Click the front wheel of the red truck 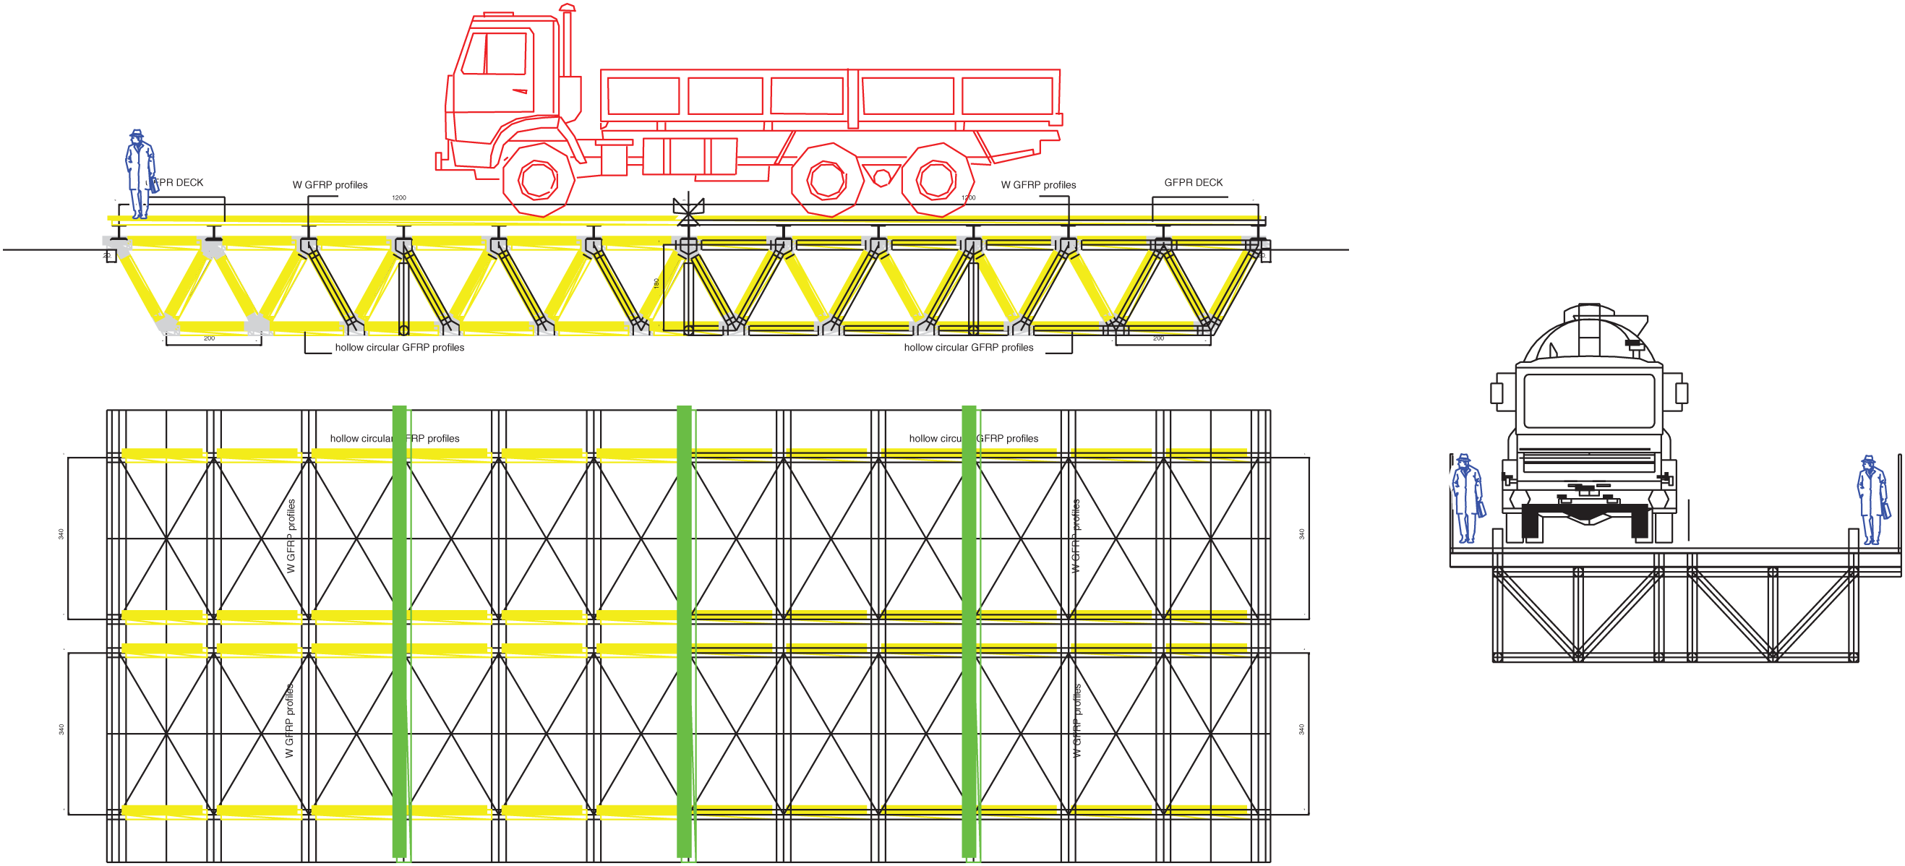(x=538, y=180)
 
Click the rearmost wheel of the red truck (x=936, y=180)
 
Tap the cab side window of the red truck (x=494, y=54)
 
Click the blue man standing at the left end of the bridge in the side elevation (x=139, y=174)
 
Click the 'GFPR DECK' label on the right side (x=1193, y=183)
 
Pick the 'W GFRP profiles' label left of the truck (x=330, y=185)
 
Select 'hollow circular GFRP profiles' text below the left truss (x=399, y=348)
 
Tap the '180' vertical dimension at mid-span (x=656, y=283)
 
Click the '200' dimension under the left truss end (x=209, y=339)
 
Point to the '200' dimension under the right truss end (x=1158, y=339)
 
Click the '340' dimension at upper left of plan (x=61, y=534)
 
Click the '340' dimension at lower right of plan (x=1301, y=729)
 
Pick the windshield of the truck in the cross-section (x=1588, y=400)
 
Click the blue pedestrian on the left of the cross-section (x=1466, y=500)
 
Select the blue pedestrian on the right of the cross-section (x=1872, y=501)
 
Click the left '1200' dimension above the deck (x=398, y=198)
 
